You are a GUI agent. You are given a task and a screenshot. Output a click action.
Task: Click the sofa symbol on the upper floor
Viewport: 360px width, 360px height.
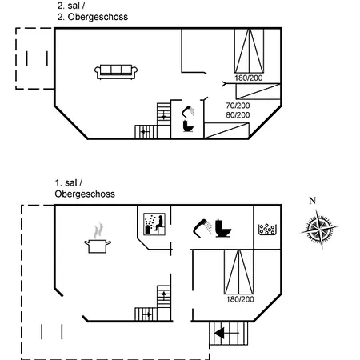116,72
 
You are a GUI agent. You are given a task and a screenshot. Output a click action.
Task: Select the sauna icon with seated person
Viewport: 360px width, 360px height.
154,224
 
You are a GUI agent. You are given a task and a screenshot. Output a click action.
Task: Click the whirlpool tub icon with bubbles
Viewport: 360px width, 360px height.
267,229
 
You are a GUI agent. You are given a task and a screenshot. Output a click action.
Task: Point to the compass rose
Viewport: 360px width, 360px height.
319,229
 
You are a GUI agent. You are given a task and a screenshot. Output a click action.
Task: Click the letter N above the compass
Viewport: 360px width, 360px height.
313,200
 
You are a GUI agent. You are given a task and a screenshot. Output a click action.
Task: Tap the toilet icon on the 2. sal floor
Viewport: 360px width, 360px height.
188,126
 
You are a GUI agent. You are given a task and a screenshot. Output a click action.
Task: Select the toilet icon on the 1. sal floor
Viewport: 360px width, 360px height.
223,228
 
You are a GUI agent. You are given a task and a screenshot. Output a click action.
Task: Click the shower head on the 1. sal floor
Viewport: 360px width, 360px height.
202,228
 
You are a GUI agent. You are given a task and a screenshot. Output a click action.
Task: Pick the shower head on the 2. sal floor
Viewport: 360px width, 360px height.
188,111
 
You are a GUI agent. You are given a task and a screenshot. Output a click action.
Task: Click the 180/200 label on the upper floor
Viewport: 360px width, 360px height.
249,78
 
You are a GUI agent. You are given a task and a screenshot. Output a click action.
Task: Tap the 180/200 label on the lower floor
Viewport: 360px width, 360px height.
240,299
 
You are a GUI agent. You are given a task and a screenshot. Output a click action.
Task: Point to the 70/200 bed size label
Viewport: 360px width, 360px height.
238,106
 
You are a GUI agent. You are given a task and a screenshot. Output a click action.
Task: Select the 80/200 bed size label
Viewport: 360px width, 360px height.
238,115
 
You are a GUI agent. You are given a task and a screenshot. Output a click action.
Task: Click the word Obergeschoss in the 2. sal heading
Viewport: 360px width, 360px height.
98,17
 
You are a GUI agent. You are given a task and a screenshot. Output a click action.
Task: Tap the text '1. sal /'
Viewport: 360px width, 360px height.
69,183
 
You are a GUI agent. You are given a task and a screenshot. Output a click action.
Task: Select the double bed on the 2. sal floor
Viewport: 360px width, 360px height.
249,50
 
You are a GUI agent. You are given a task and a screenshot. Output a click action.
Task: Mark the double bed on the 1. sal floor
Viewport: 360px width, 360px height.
239,272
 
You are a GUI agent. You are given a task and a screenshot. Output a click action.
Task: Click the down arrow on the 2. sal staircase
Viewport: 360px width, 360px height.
163,116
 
